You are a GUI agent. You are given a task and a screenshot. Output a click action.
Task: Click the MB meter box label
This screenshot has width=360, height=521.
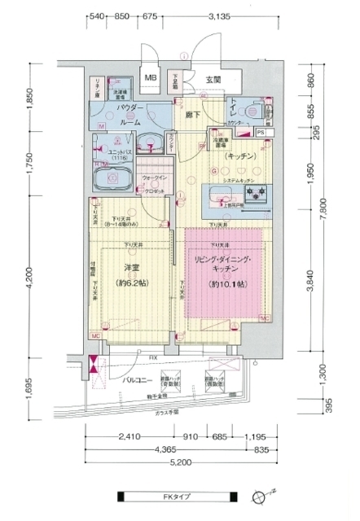[151, 78]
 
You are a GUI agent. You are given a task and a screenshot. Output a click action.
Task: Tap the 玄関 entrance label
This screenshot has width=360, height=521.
[214, 79]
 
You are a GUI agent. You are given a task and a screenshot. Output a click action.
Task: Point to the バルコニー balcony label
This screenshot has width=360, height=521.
[135, 379]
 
